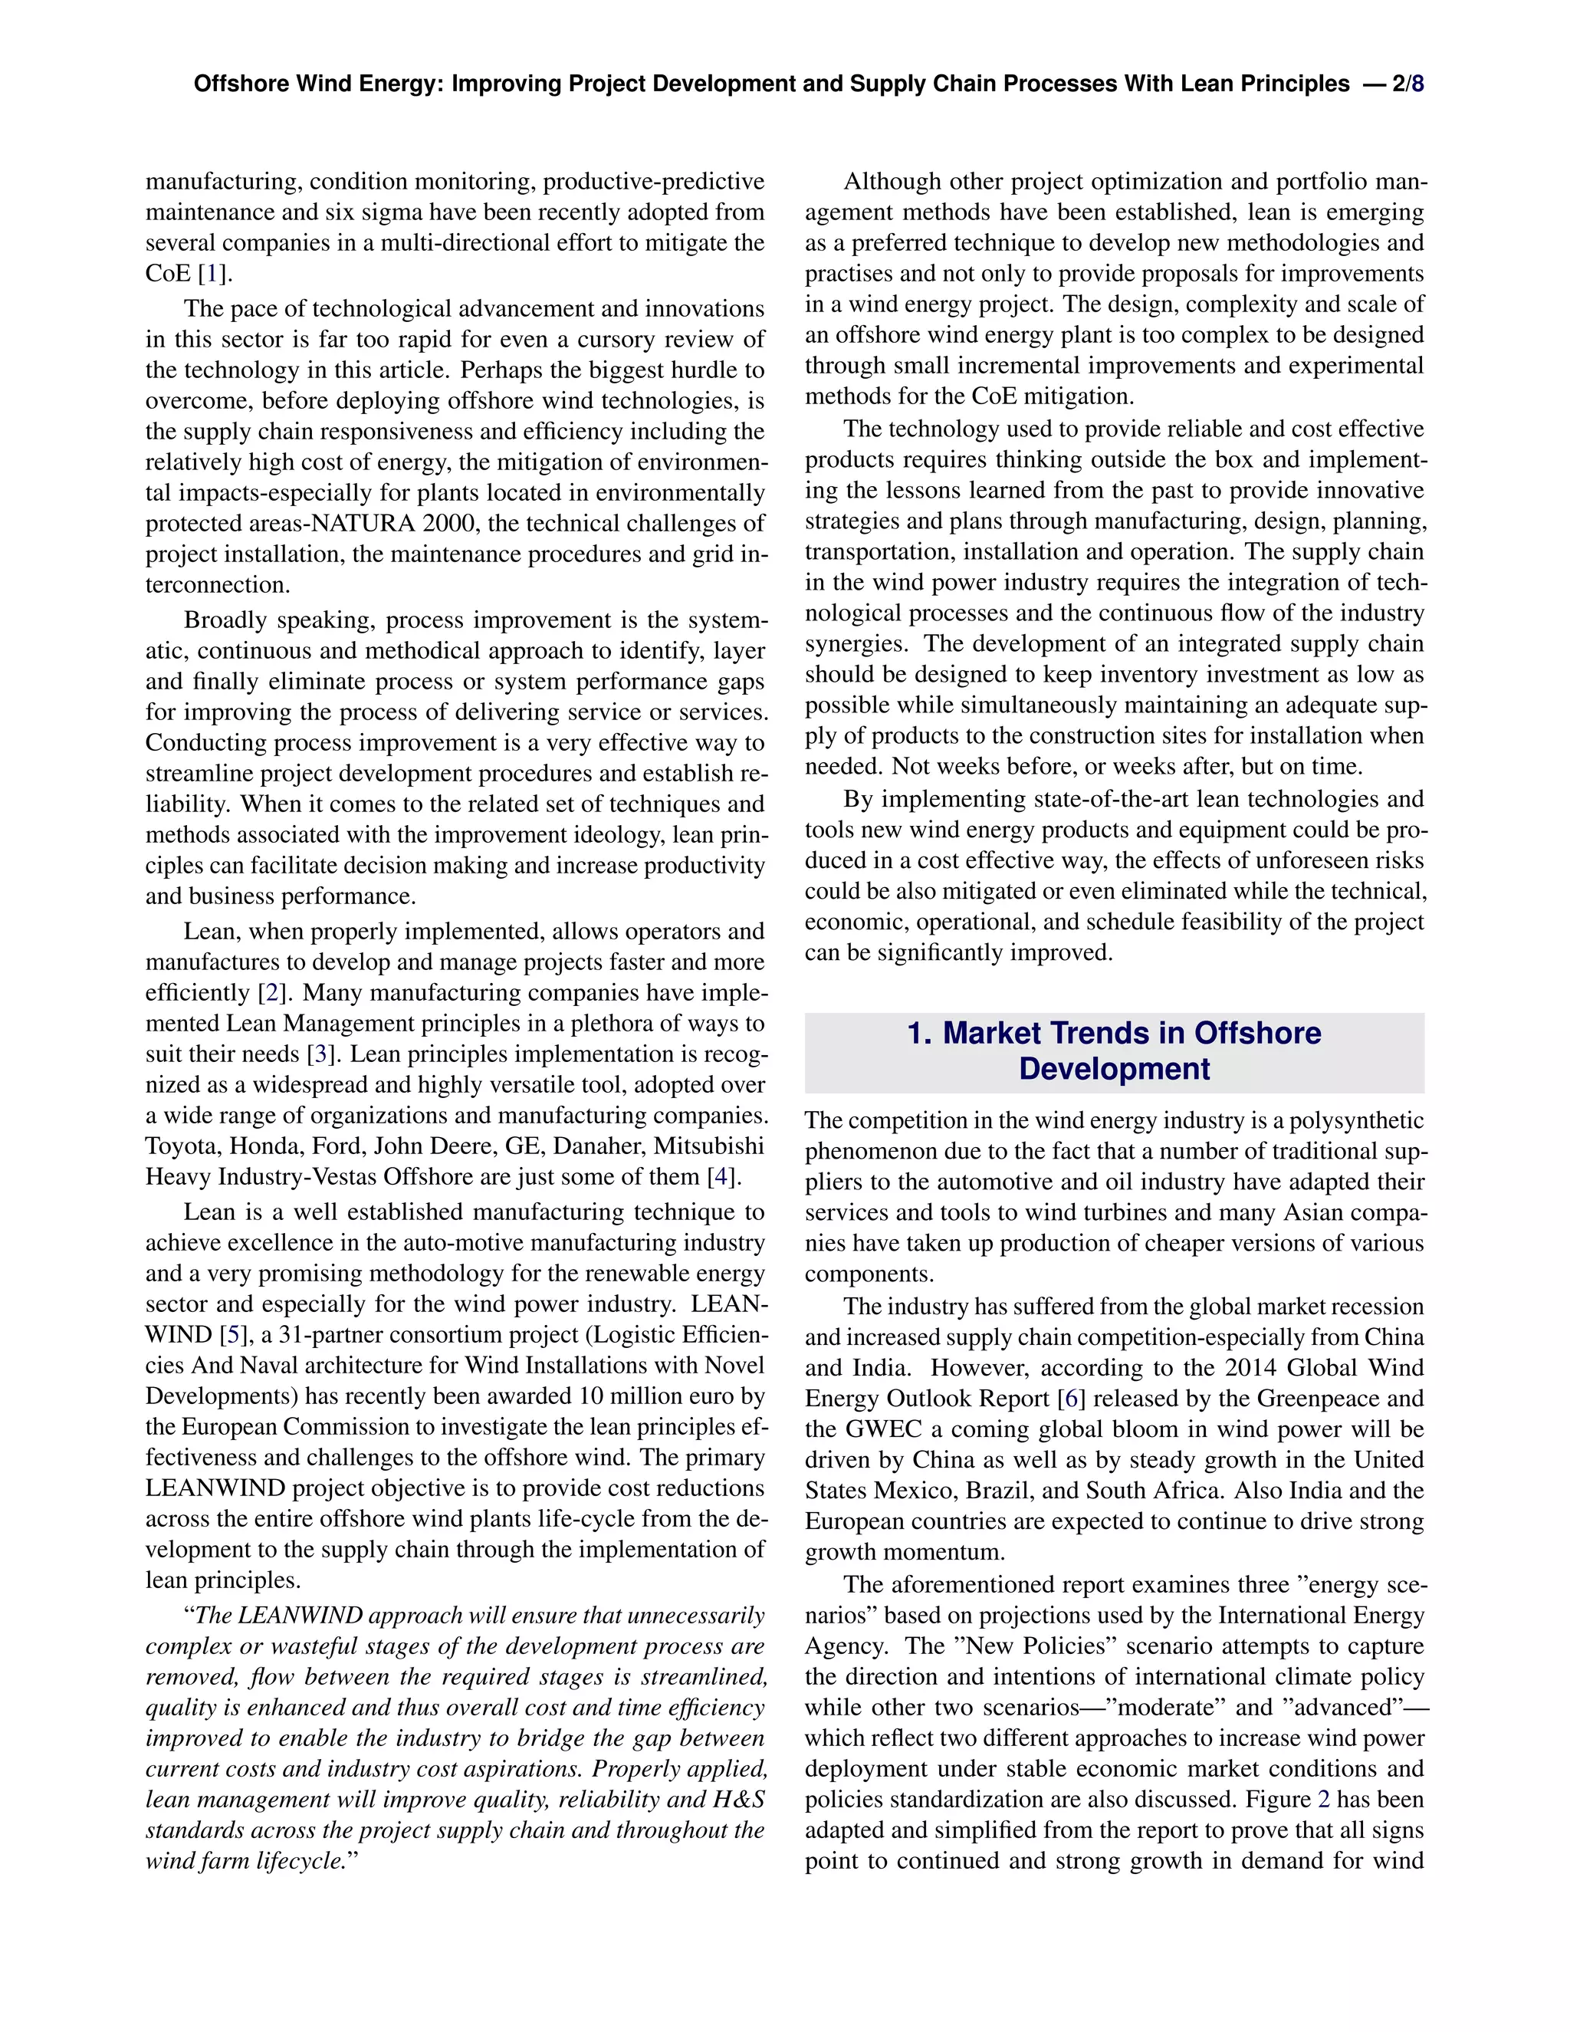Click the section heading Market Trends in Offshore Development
coord(1114,1051)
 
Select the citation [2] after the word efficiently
coord(271,993)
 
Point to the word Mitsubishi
coord(709,1146)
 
